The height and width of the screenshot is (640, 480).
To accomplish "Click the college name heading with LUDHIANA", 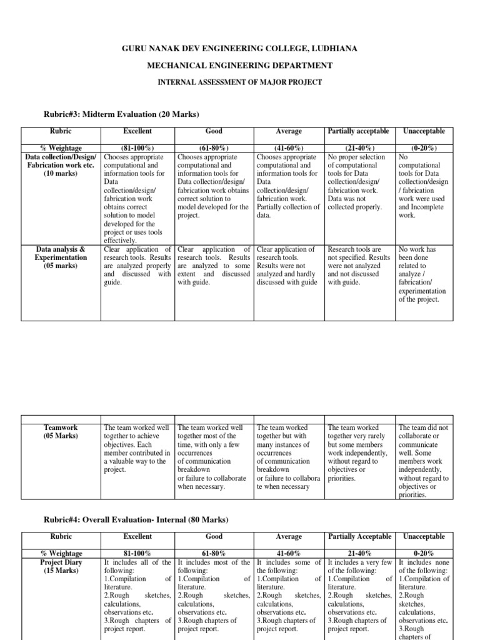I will (x=240, y=48).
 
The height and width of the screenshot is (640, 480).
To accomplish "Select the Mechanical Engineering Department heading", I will (x=240, y=66).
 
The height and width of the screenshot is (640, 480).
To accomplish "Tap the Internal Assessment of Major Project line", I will (x=240, y=82).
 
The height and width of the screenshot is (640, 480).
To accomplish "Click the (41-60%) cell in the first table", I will (x=289, y=148).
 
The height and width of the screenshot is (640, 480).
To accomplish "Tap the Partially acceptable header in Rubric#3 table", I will (x=358, y=131).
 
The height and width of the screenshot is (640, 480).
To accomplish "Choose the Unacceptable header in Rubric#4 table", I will (x=424, y=536).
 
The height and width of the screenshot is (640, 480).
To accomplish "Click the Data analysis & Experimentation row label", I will (x=61, y=257).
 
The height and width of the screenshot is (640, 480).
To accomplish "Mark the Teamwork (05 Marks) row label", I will (x=61, y=432).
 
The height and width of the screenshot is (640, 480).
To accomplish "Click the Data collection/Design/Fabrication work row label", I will (x=61, y=164).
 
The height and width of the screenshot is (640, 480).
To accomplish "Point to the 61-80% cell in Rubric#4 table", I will (x=214, y=554).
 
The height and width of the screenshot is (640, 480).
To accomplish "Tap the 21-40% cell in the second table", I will (x=358, y=554).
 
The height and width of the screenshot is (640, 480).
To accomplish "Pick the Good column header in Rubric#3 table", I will (x=214, y=131).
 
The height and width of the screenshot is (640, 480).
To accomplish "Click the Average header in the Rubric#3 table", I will (x=289, y=131).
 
